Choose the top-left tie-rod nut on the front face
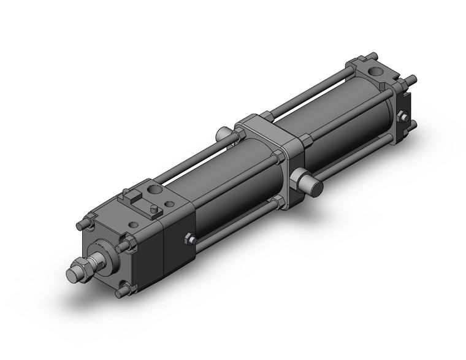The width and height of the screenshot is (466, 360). pos(86,223)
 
